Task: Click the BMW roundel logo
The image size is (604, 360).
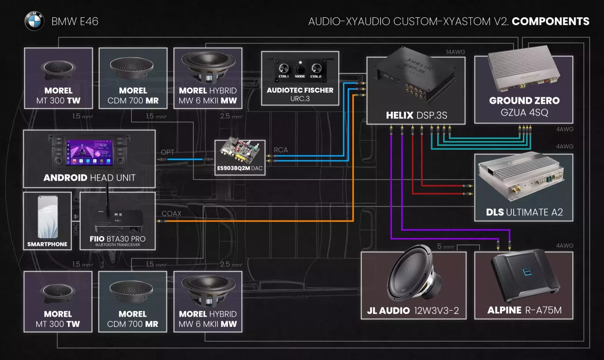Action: tap(34, 21)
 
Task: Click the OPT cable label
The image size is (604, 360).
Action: tap(167, 152)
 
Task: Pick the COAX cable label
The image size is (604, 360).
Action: tap(171, 213)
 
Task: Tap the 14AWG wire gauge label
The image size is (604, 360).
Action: tap(455, 52)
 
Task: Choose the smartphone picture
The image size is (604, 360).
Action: tap(48, 217)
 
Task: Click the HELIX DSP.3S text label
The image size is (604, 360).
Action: tap(416, 115)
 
